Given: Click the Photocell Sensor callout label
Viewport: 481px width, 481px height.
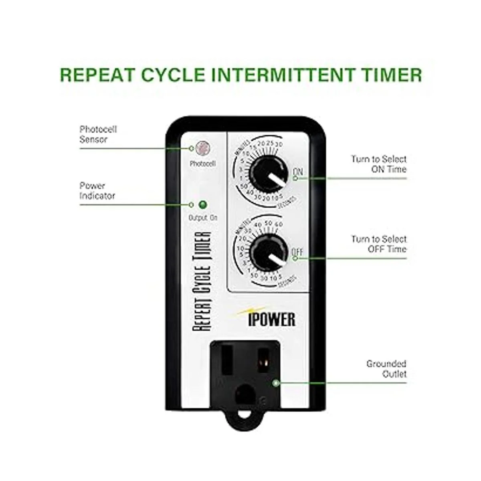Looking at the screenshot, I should click(98, 134).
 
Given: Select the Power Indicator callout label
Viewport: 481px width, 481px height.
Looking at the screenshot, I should click(97, 191).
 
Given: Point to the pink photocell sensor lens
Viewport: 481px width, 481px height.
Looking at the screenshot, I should click(204, 148).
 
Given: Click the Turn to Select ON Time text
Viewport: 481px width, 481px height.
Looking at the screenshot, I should click(379, 164).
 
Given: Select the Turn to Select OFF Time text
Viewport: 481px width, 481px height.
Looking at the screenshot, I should click(379, 244).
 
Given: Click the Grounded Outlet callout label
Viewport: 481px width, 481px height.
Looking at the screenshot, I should click(386, 369).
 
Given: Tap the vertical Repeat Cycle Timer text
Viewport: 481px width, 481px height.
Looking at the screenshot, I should click(202, 281).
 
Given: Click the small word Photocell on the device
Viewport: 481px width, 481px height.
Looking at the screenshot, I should click(202, 164).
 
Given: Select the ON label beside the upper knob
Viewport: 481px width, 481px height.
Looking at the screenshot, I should click(298, 172).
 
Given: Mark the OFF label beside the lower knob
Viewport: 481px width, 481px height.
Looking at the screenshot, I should click(297, 252).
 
